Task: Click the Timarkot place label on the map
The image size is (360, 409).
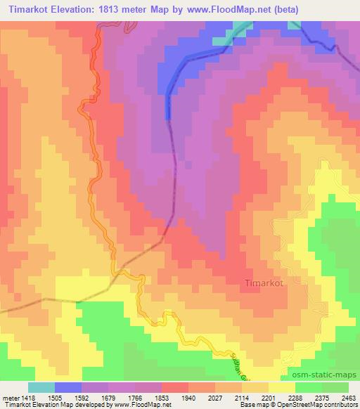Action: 264,283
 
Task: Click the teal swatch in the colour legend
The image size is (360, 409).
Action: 41,387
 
